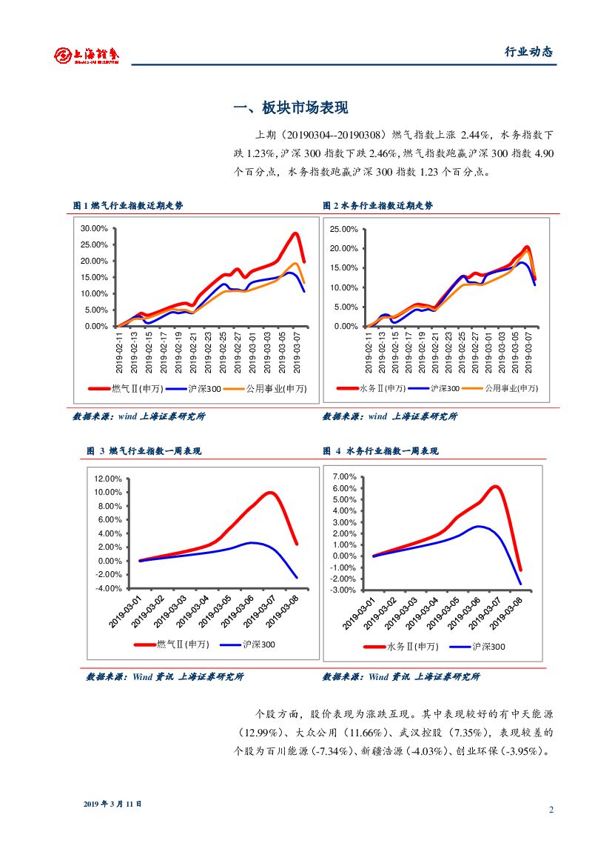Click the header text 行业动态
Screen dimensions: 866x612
tap(528, 52)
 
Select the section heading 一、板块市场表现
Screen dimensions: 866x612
tap(290, 108)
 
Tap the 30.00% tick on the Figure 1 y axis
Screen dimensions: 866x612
tap(94, 228)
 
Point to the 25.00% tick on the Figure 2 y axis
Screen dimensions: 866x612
tap(343, 229)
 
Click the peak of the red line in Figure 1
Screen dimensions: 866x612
tap(295, 233)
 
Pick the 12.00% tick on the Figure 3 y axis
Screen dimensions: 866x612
tap(108, 479)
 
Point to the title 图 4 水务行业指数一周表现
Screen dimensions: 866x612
tap(380, 450)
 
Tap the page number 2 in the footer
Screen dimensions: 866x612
tap(551, 809)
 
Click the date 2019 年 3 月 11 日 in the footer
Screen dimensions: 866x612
tap(112, 803)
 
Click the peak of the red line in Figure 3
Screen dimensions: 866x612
tap(271, 493)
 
